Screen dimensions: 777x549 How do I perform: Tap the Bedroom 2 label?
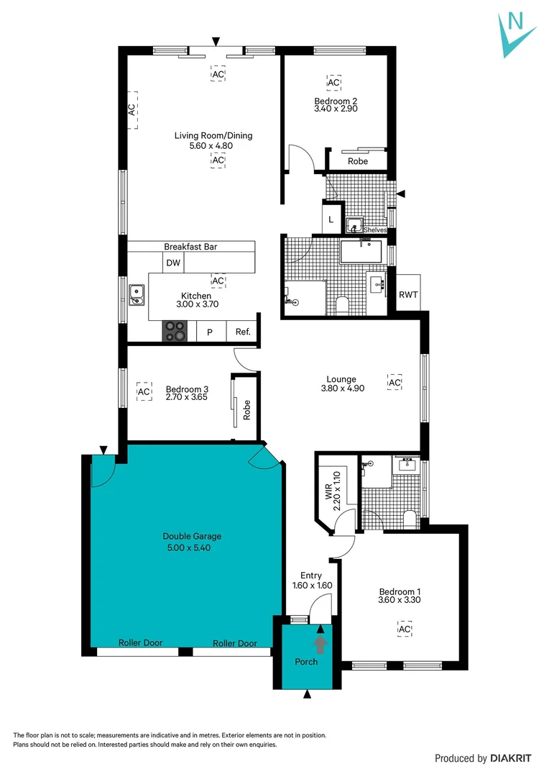point(336,101)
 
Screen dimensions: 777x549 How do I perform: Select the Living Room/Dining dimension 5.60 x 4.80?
point(213,145)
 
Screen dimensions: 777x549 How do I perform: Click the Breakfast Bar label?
point(190,247)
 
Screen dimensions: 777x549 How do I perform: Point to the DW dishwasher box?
point(173,263)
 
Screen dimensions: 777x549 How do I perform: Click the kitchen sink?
point(137,293)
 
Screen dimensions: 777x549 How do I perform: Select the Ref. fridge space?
point(243,332)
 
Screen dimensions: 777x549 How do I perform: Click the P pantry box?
point(210,332)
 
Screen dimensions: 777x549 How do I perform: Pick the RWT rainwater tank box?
point(408,294)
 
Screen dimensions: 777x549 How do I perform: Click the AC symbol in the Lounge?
point(394,383)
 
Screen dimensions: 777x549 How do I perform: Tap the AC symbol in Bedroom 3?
point(144,391)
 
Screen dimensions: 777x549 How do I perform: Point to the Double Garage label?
point(192,536)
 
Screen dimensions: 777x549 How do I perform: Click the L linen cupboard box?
point(331,219)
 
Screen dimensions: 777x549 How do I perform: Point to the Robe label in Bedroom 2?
point(357,161)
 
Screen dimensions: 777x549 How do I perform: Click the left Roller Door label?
point(140,643)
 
